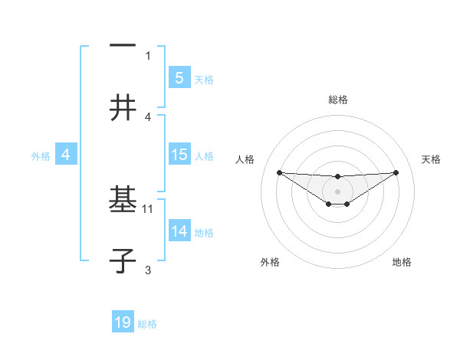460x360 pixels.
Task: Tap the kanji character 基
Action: [123, 201]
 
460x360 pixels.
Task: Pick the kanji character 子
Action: [123, 260]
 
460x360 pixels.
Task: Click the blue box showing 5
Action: [179, 78]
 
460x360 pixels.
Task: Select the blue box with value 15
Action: [179, 155]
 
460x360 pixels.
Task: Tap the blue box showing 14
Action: [179, 231]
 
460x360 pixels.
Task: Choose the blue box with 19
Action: [123, 323]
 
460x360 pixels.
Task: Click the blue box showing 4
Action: [66, 155]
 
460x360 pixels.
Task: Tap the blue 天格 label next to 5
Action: [204, 79]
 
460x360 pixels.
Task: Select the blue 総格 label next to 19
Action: [147, 324]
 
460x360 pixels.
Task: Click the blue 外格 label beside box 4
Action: [41, 155]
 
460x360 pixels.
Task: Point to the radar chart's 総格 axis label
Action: [337, 100]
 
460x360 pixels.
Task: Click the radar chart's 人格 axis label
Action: [245, 159]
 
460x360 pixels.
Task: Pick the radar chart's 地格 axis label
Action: [402, 262]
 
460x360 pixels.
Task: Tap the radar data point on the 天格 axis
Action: [396, 172]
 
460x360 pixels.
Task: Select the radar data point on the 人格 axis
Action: [279, 172]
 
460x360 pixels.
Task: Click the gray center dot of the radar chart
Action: [337, 191]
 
